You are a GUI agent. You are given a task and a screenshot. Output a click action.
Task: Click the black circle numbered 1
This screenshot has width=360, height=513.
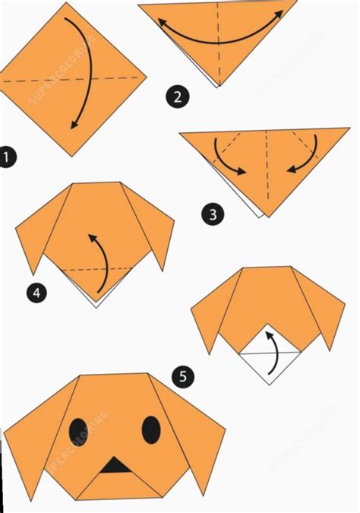[x=7, y=158]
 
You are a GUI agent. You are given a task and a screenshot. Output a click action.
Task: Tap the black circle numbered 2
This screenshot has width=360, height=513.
[x=177, y=96]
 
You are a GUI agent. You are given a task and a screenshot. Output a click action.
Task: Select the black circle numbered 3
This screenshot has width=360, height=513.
[x=213, y=214]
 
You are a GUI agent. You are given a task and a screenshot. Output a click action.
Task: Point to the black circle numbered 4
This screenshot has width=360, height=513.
[x=35, y=291]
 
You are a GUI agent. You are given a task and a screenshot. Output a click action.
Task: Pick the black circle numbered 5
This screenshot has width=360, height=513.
[x=182, y=375]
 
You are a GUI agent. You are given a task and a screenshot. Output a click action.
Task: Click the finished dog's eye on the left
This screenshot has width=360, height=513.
[x=78, y=431]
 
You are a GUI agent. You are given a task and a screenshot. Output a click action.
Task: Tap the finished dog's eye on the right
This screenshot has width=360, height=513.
[x=151, y=429]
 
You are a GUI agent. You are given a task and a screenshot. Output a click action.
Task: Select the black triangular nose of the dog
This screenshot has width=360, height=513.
[x=115, y=465]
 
